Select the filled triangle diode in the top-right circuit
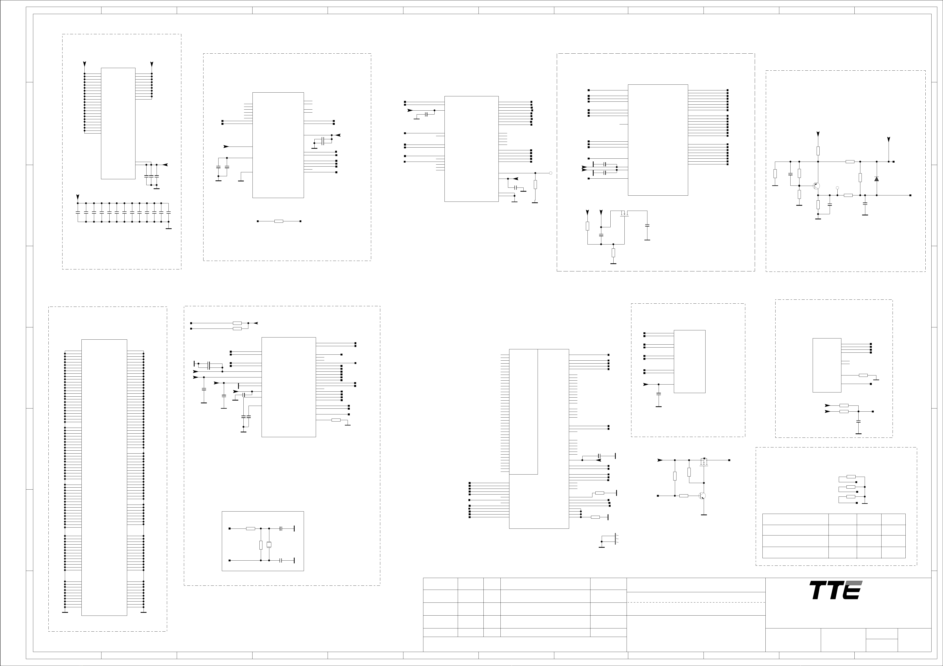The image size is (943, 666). (x=877, y=179)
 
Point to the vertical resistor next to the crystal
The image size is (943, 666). (x=261, y=545)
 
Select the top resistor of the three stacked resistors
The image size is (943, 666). (x=851, y=477)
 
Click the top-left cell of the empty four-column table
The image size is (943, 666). (x=795, y=519)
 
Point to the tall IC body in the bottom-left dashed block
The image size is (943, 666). (x=104, y=477)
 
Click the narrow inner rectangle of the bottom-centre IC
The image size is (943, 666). (x=524, y=412)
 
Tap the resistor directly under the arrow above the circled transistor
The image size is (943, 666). (x=818, y=151)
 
